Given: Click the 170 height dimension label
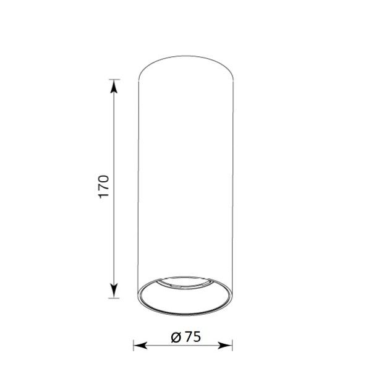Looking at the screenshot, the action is coord(104,187).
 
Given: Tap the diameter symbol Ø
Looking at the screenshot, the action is coord(176,337).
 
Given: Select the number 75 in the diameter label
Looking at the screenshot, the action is coord(193,337).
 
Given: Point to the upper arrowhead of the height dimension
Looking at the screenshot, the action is coord(114,86).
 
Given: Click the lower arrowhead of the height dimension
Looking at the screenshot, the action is coord(114,291).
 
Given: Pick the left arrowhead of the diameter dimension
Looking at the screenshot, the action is coord(140,346).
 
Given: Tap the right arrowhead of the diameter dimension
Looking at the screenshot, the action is coord(225,346).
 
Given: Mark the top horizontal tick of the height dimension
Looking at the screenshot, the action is coord(114,79).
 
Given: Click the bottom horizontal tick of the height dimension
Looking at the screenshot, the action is coord(114,298).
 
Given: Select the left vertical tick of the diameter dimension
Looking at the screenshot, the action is coord(134,346).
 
